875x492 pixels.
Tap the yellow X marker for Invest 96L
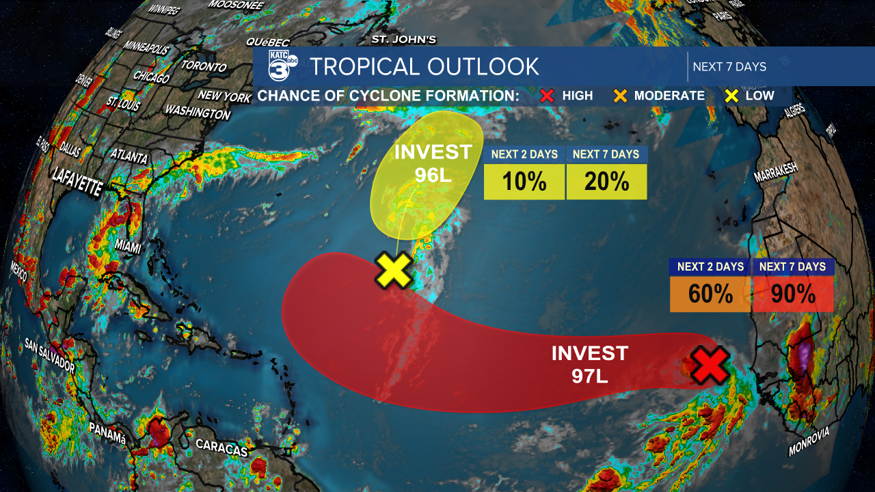coord(394,269)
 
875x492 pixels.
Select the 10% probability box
coord(524,182)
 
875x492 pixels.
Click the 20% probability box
coord(606,182)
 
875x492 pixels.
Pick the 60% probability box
coord(710,294)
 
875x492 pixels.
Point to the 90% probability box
coord(793,294)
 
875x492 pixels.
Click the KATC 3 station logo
coord(282,66)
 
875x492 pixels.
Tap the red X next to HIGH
coord(546,96)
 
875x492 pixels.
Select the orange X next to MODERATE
coord(619,96)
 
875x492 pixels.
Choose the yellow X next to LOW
coord(731,96)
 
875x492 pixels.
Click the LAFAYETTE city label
coord(77,184)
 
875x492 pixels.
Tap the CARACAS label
coord(221,448)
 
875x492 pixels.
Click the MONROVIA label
coord(809,441)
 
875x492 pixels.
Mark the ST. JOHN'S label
coord(403,40)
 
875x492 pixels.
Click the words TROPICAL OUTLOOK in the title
coord(424,66)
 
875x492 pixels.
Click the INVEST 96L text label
coord(433,163)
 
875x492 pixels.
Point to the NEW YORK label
coord(224,96)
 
